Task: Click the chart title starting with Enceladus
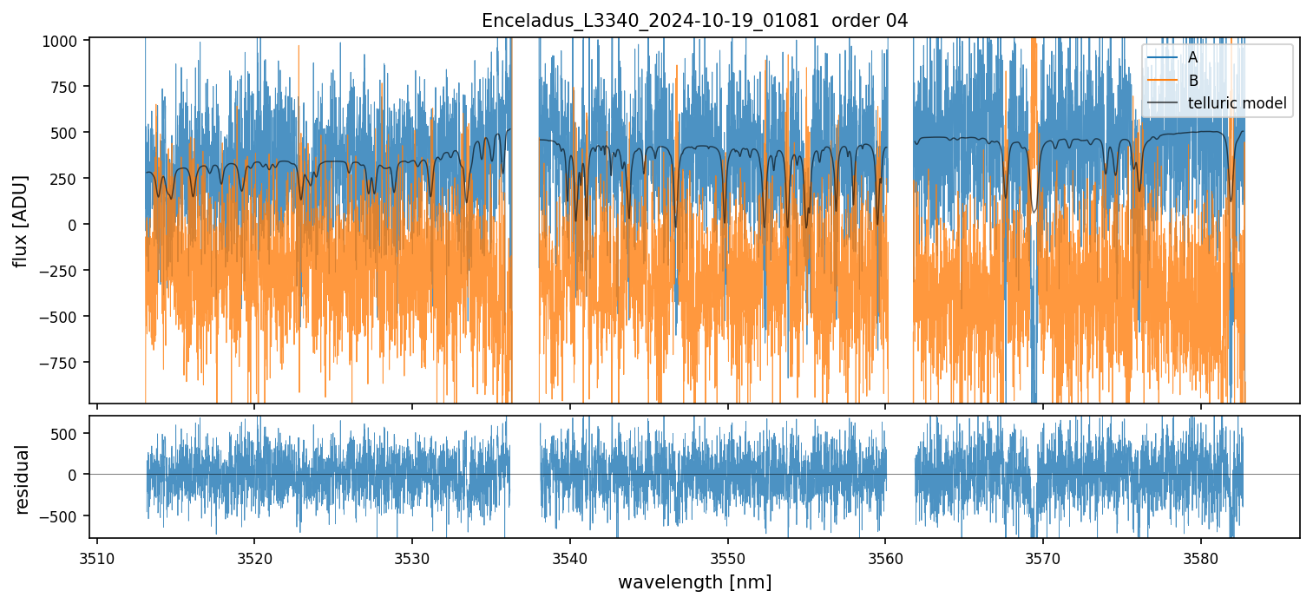click(694, 21)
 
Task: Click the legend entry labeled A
click(1192, 57)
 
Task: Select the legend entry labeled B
click(1192, 81)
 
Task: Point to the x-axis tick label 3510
click(96, 555)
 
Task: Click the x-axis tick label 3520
click(254, 555)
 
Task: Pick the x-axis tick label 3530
click(412, 555)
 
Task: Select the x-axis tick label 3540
click(569, 555)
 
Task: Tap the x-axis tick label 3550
click(727, 555)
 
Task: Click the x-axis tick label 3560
click(885, 555)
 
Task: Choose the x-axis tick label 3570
click(1043, 555)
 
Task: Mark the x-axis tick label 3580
click(1201, 555)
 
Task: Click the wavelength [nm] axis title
click(694, 581)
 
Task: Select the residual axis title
click(23, 479)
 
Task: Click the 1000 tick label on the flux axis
click(63, 41)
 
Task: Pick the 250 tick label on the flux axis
click(67, 178)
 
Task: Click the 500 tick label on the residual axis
click(67, 433)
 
